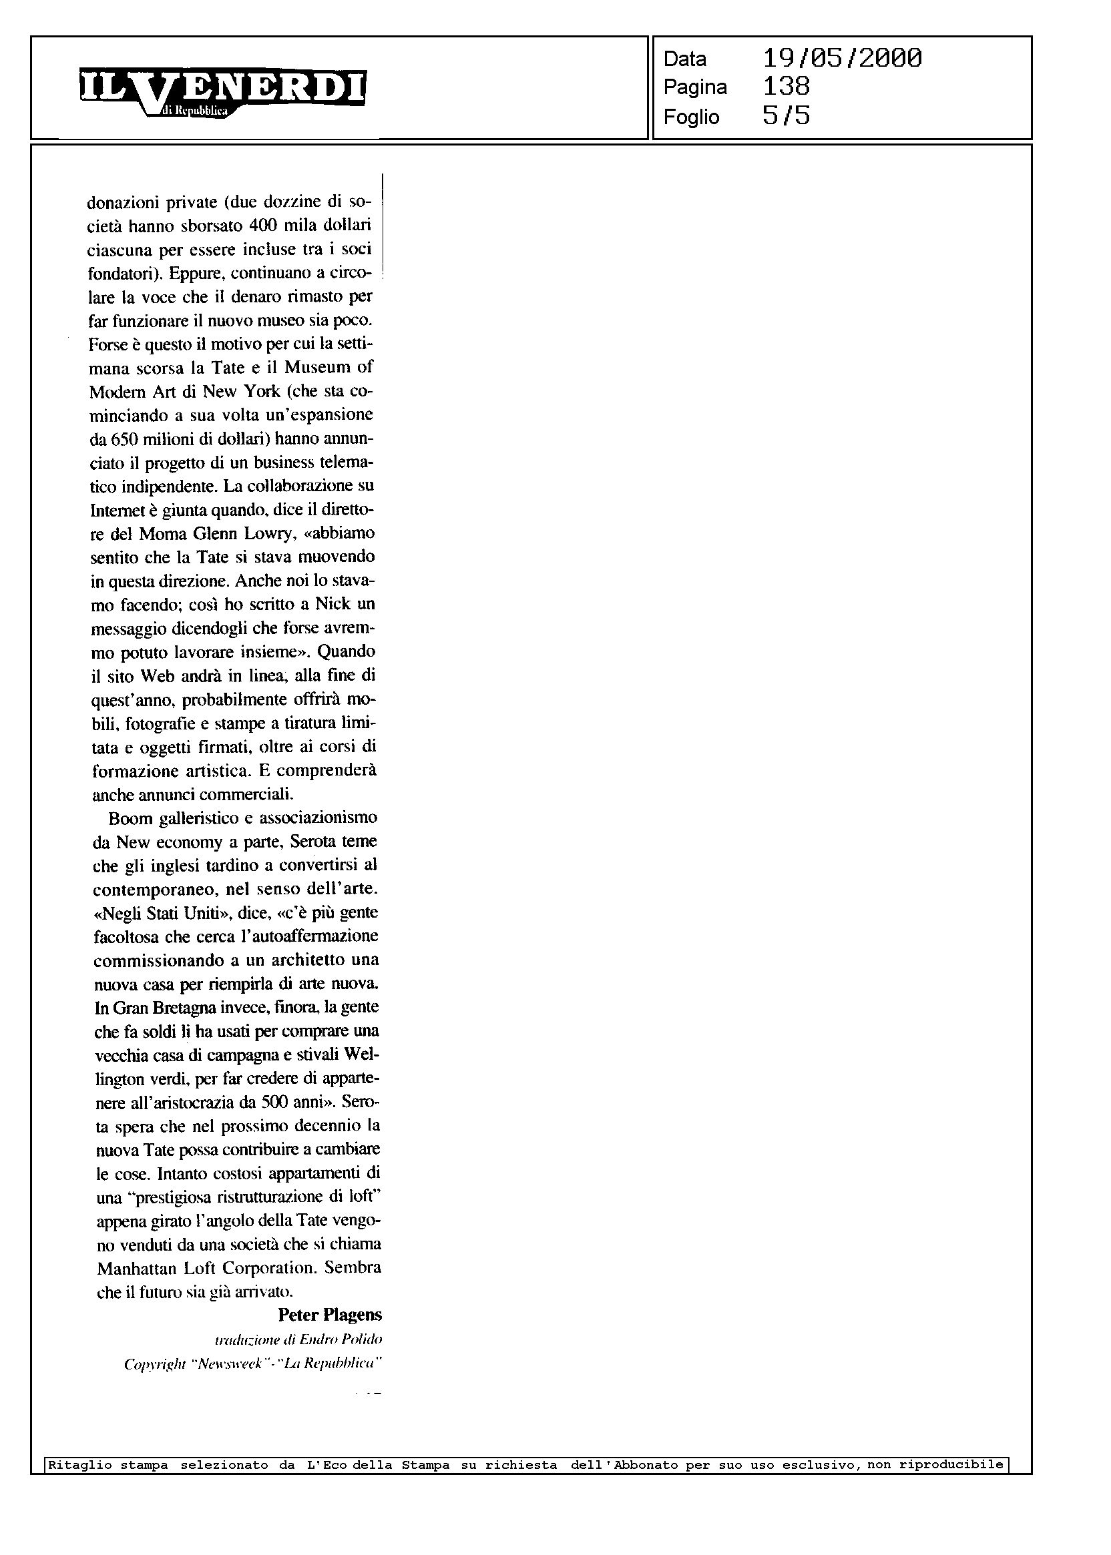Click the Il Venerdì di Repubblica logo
pyautogui.click(x=222, y=91)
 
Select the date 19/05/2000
pyautogui.click(x=841, y=58)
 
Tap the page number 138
pyautogui.click(x=786, y=87)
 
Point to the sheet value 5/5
pyautogui.click(x=786, y=116)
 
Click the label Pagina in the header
pyautogui.click(x=695, y=87)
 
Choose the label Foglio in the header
pyautogui.click(x=691, y=117)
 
